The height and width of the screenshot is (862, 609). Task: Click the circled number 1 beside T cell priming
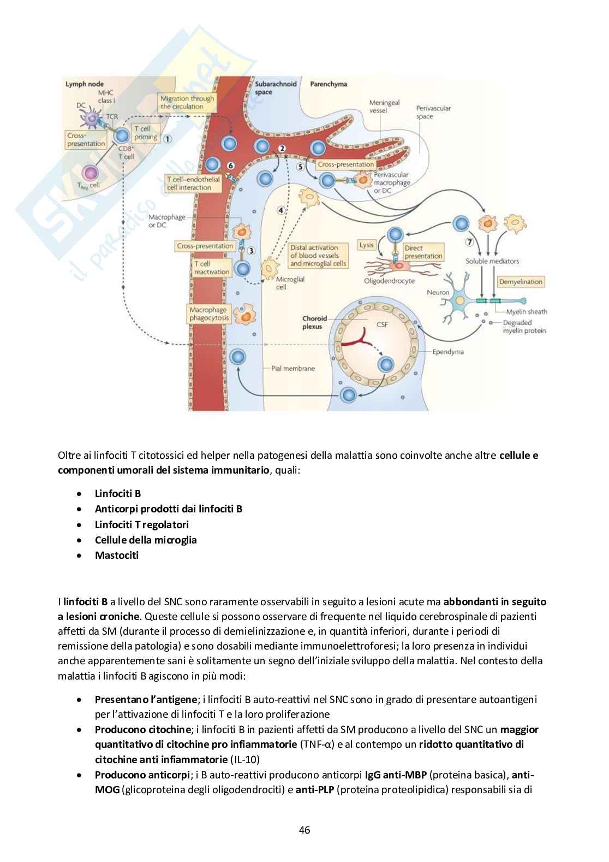(x=168, y=139)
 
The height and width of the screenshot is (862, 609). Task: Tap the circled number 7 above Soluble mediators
(x=468, y=242)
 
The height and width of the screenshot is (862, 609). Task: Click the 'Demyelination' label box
(x=521, y=282)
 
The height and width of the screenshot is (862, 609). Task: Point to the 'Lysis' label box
(x=367, y=245)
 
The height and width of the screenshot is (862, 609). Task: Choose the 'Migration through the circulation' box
(x=187, y=102)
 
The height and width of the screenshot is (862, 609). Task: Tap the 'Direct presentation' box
(x=423, y=252)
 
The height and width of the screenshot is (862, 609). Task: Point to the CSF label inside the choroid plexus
(x=383, y=324)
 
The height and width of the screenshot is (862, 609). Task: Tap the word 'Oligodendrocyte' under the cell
(x=389, y=281)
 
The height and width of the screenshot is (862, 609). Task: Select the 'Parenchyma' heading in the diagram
(x=329, y=85)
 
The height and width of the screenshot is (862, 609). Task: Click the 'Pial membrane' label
(x=293, y=368)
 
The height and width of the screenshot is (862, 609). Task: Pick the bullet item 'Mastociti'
(x=117, y=556)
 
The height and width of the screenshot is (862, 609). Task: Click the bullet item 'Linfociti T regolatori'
(x=141, y=524)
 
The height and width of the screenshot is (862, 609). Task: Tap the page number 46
(x=304, y=830)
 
